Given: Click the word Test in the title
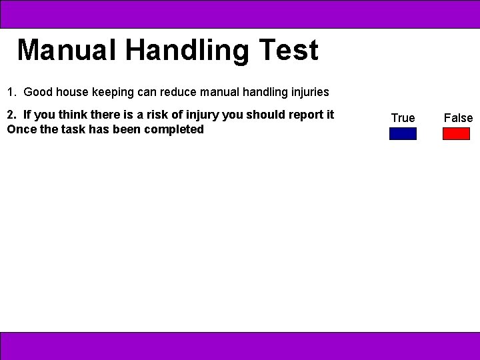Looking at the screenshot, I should pos(289,51).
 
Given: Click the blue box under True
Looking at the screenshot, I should pos(403,133).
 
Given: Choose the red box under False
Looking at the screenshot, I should pos(456,133).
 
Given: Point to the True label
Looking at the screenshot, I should pos(403,118).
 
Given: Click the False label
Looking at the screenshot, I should pos(458,118).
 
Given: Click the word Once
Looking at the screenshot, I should pos(21,129).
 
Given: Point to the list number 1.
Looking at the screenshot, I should pos(11,92).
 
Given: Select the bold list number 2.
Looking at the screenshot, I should pos(11,115).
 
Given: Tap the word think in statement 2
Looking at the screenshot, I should pos(65,115).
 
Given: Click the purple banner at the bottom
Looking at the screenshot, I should pos(240,346).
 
